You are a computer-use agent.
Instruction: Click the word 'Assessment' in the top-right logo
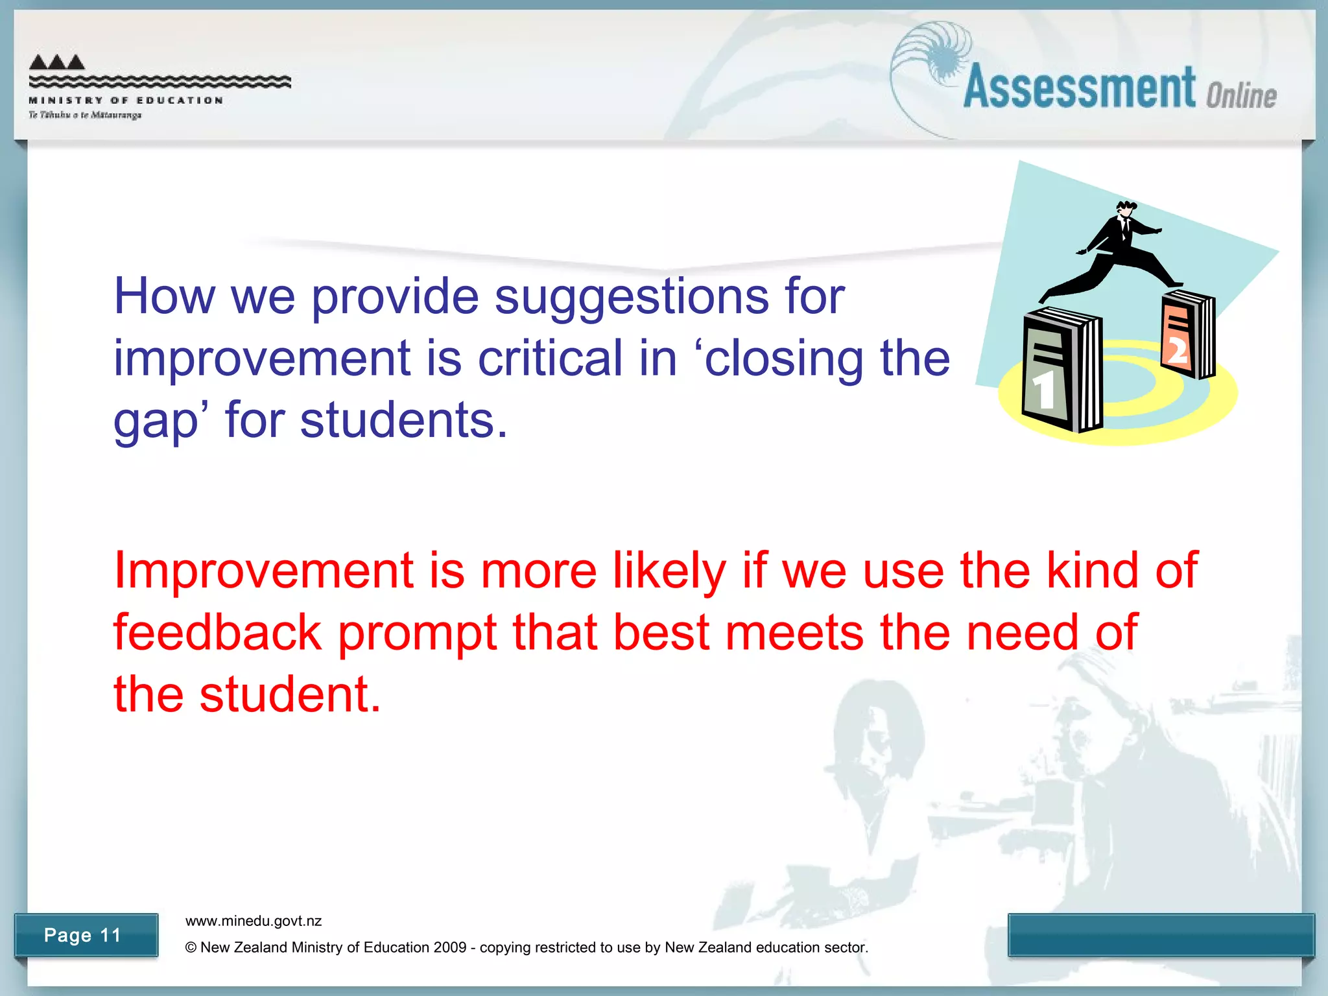(1079, 88)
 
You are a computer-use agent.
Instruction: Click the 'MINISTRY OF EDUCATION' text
(126, 101)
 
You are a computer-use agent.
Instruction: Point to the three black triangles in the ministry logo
(57, 62)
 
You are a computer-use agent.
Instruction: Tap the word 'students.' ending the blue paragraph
(403, 420)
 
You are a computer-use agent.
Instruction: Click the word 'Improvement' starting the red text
(263, 571)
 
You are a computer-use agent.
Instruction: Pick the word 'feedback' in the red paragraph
(217, 632)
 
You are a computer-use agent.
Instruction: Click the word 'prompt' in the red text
(417, 634)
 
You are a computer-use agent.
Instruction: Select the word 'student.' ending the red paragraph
(290, 694)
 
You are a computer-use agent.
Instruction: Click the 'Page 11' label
(83, 935)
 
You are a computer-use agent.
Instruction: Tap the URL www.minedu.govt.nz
(254, 921)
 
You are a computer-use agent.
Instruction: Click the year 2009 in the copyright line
(450, 947)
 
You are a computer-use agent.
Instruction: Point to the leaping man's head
(1126, 210)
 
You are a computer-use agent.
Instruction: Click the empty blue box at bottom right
(1161, 934)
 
